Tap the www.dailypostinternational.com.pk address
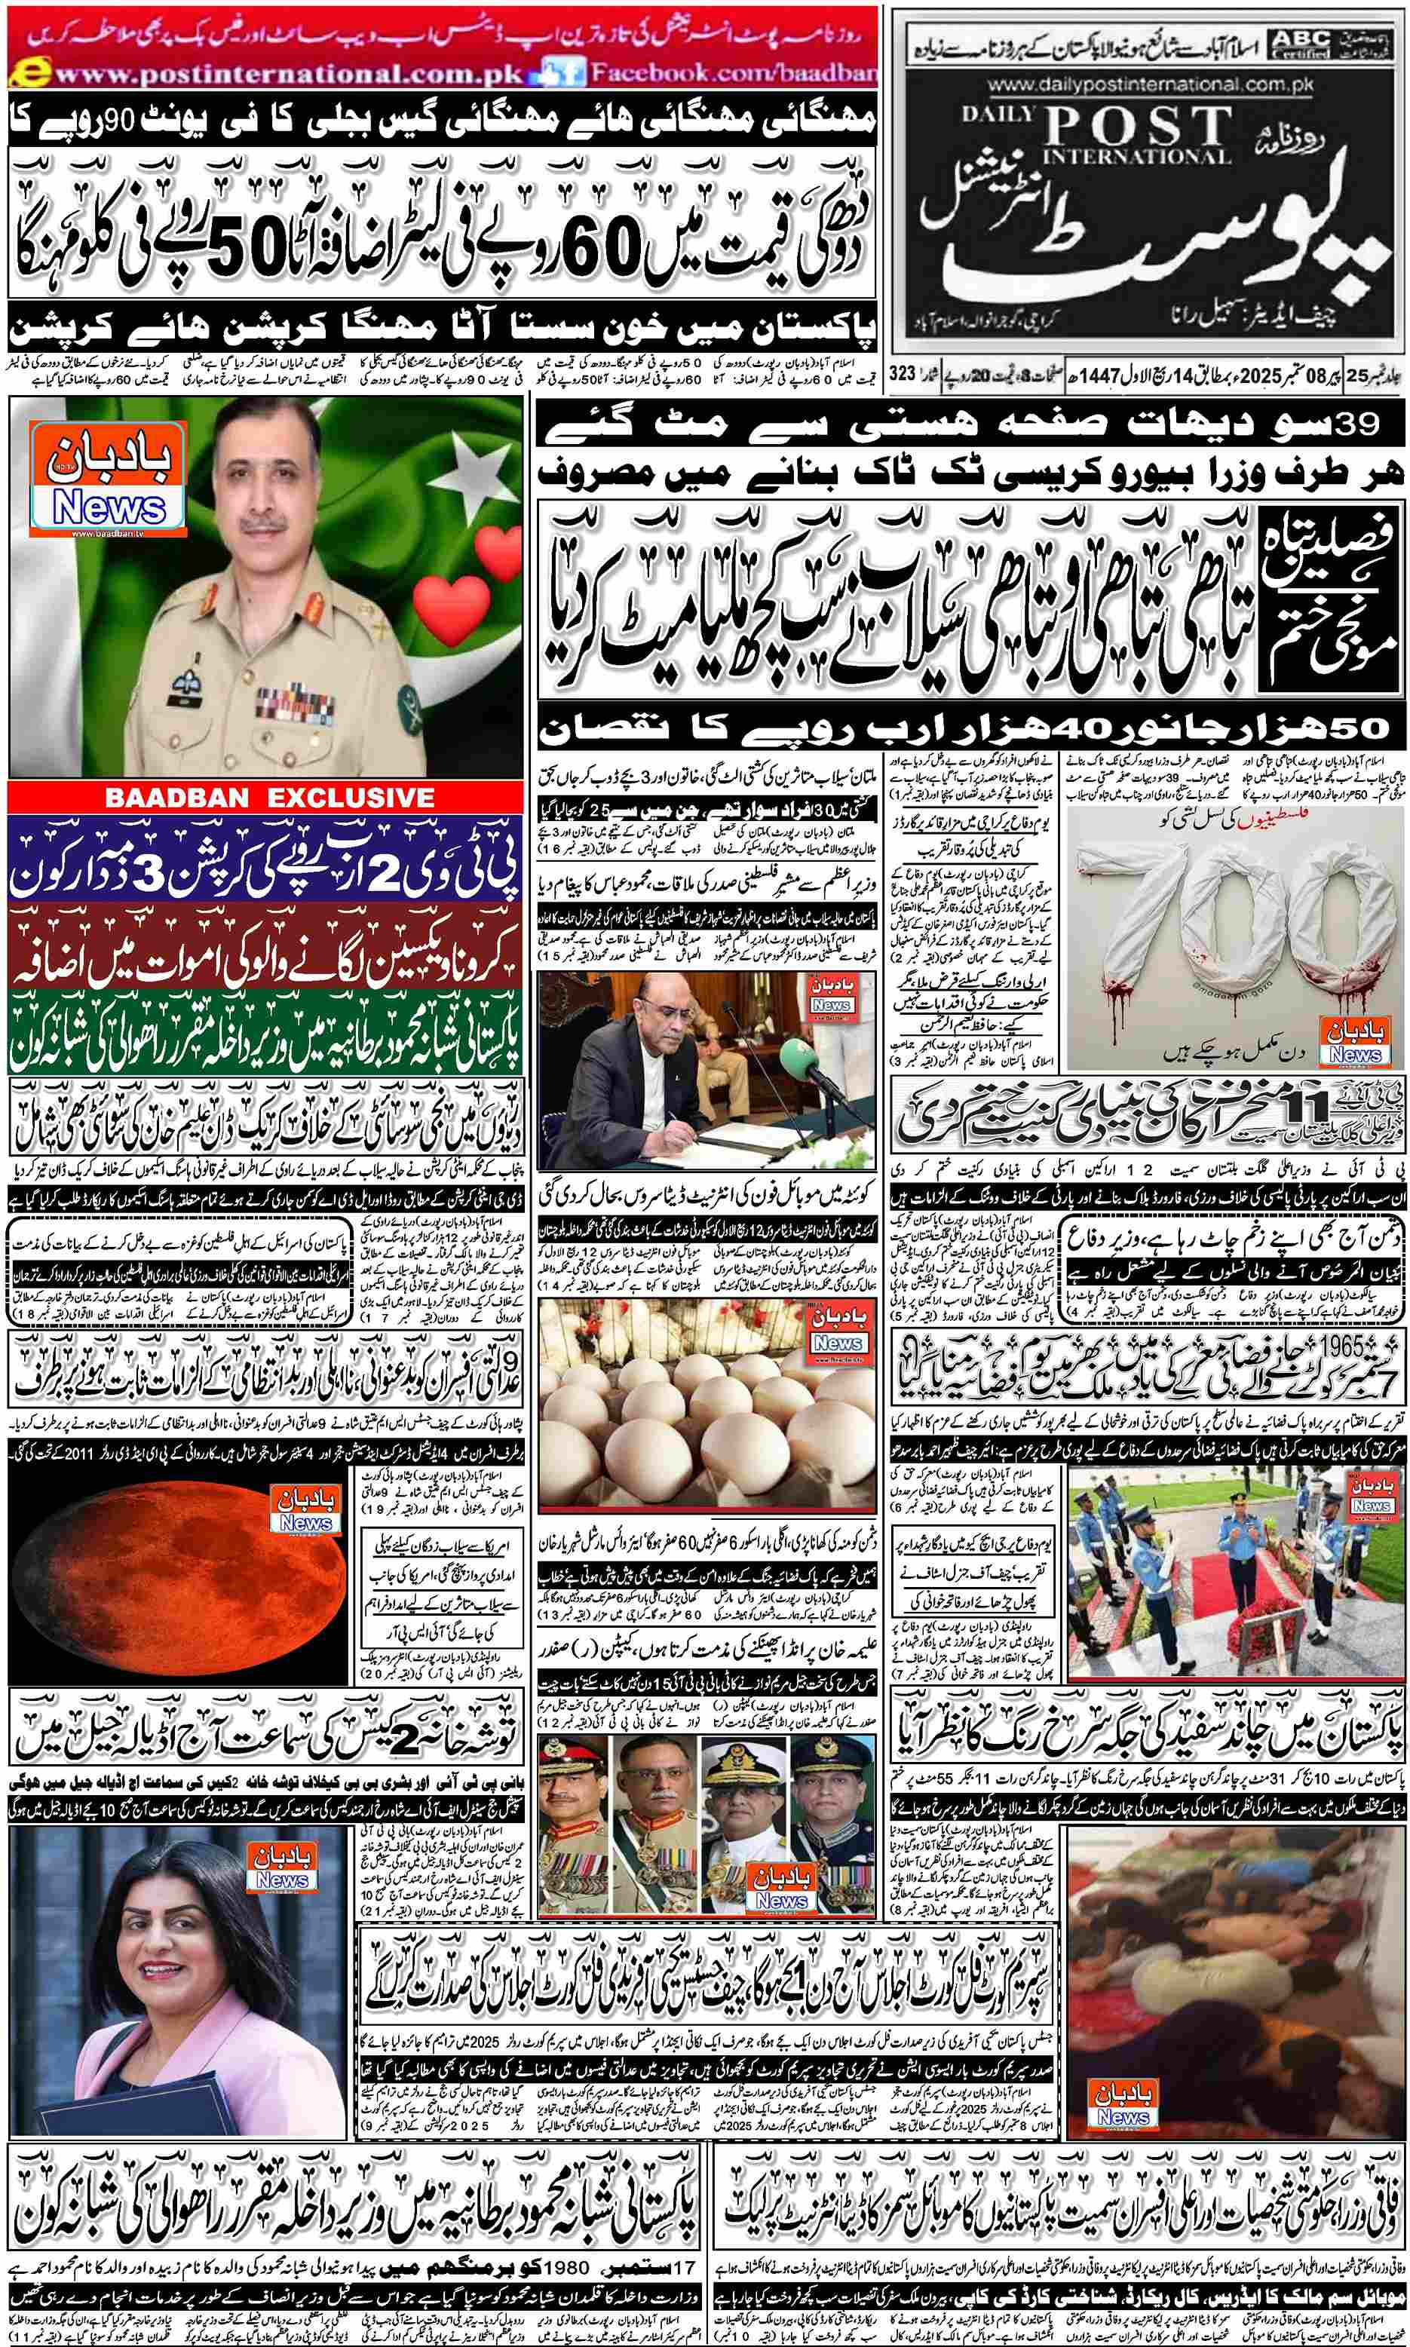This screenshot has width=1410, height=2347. [1151, 85]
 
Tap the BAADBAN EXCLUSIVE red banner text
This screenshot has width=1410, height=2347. [270, 798]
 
